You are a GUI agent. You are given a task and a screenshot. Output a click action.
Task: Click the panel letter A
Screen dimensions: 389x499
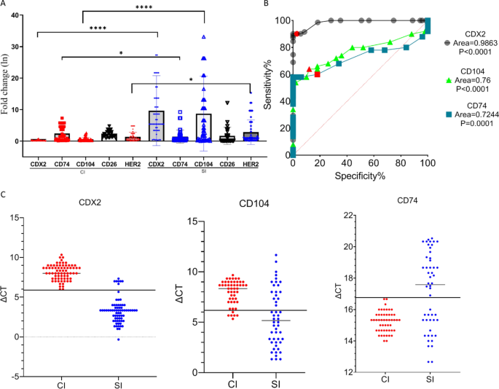(x=5, y=5)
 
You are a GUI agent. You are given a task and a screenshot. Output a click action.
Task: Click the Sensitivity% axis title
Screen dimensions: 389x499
(x=267, y=87)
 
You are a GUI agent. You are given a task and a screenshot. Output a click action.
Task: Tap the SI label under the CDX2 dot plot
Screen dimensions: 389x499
(x=113, y=382)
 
